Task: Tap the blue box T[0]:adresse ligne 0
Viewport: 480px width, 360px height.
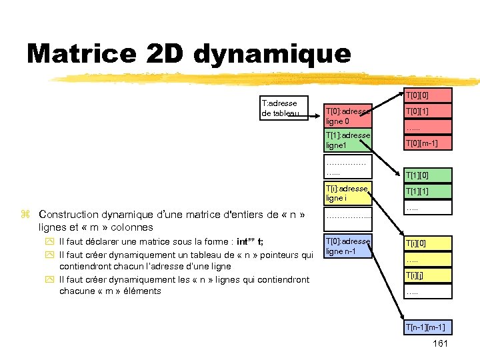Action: pyautogui.click(x=347, y=116)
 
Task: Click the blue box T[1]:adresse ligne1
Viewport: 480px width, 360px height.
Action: pyautogui.click(x=347, y=140)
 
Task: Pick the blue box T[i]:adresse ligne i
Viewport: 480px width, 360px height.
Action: pyautogui.click(x=347, y=193)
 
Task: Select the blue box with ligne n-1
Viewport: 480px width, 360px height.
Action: pyautogui.click(x=347, y=246)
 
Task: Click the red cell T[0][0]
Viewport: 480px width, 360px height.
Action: pyautogui.click(x=426, y=95)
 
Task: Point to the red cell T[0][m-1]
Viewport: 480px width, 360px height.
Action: pyautogui.click(x=426, y=143)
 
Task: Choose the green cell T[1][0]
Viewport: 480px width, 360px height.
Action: pyautogui.click(x=426, y=175)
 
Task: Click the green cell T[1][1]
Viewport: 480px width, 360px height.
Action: pyautogui.click(x=426, y=191)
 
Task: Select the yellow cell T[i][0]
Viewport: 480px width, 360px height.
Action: pyautogui.click(x=426, y=243)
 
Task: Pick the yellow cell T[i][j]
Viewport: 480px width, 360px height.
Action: pyautogui.click(x=426, y=275)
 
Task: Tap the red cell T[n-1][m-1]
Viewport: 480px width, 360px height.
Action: pyautogui.click(x=425, y=327)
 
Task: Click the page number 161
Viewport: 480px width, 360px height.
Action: pyautogui.click(x=440, y=343)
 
